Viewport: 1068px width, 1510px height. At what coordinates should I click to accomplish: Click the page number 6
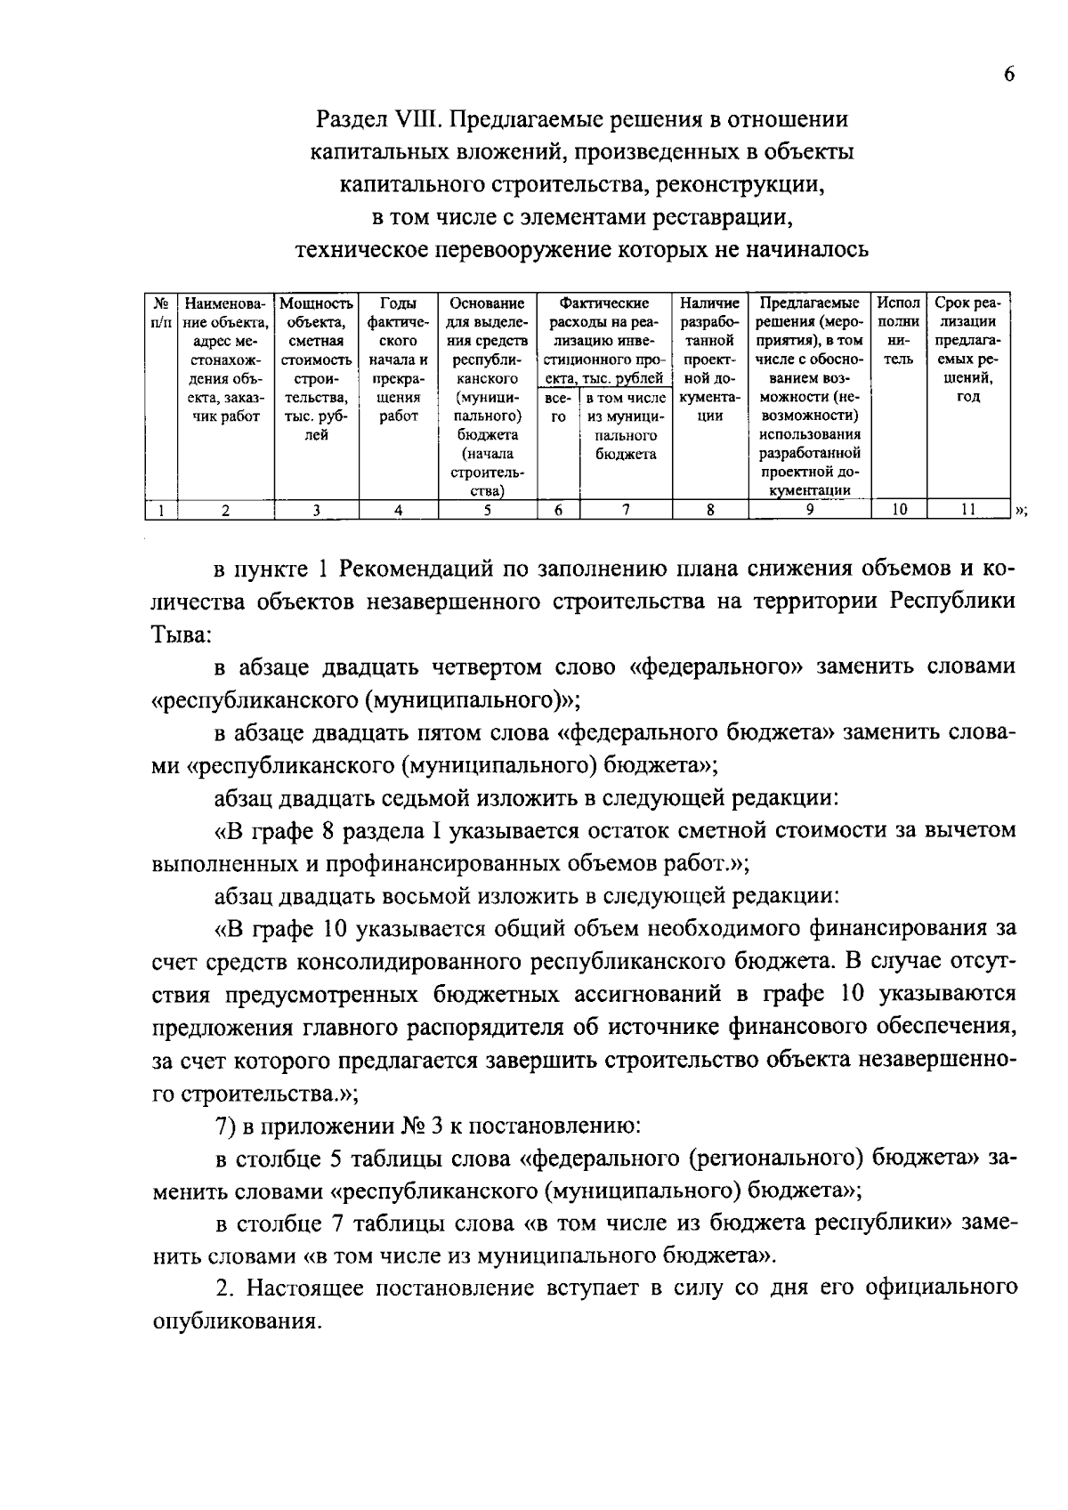click(x=1008, y=75)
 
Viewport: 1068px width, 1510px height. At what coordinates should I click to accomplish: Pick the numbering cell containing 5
click(x=487, y=510)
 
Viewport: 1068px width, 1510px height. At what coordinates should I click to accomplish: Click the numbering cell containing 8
click(x=709, y=510)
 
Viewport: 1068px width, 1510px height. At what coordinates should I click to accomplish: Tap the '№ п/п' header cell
click(x=161, y=311)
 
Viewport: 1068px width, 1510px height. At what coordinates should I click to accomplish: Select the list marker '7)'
click(x=226, y=1126)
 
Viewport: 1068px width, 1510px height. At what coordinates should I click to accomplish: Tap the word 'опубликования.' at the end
click(x=236, y=1321)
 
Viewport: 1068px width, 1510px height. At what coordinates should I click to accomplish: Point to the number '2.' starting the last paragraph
click(x=225, y=1288)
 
